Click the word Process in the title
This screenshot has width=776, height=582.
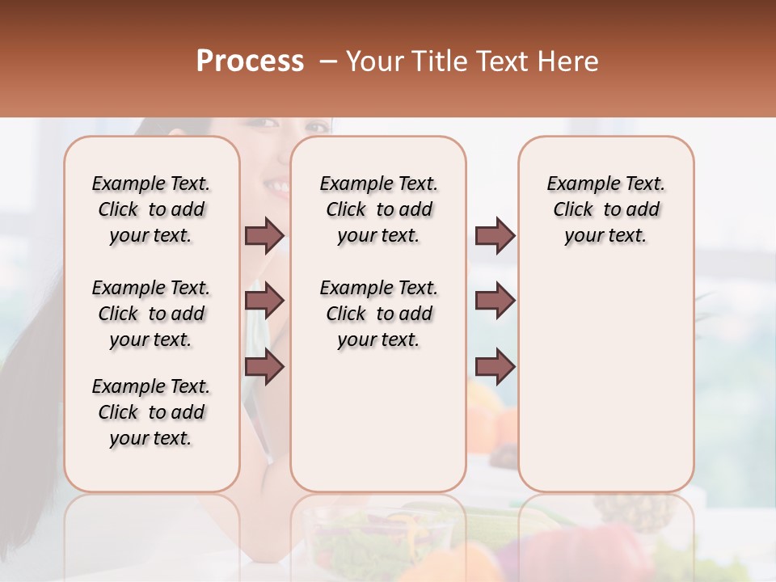pos(250,61)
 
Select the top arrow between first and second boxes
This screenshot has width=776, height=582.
pos(264,236)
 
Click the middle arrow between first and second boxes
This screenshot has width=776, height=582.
pos(264,301)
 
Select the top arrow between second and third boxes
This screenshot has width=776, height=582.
pos(495,236)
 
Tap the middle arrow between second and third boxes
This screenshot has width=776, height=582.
pos(495,301)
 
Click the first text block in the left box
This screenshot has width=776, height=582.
pos(151,209)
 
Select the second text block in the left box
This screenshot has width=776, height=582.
pos(151,314)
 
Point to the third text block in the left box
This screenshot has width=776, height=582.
pos(151,412)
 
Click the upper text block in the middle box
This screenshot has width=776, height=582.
pos(378,209)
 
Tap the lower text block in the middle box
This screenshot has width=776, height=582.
pos(378,314)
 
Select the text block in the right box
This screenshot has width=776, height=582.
pos(605,209)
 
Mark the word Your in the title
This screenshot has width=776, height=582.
pos(376,61)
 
